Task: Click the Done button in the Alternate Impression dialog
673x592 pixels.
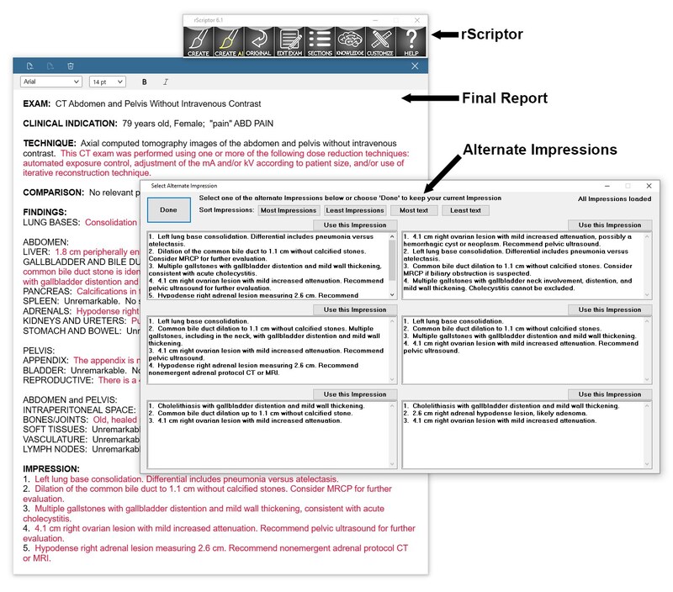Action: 168,209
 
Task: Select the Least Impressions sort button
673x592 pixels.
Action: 354,210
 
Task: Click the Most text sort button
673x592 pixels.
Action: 414,210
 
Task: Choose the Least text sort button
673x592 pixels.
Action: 465,210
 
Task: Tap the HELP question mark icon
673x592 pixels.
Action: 411,40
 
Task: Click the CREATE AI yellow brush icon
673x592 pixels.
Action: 227,40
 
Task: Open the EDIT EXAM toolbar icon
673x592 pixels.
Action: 289,40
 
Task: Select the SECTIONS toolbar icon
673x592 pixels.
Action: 319,40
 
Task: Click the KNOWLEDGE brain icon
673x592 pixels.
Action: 350,40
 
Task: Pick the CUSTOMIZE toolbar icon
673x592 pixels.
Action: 380,40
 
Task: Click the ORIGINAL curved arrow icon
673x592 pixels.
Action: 257,40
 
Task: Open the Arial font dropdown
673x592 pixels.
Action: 50,82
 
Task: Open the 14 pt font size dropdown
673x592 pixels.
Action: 107,82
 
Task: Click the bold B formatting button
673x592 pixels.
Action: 145,82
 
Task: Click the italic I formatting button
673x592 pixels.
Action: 166,82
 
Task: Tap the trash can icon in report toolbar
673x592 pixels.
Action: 71,66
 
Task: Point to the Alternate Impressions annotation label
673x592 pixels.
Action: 539,150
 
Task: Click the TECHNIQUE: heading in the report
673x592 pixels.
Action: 50,143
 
